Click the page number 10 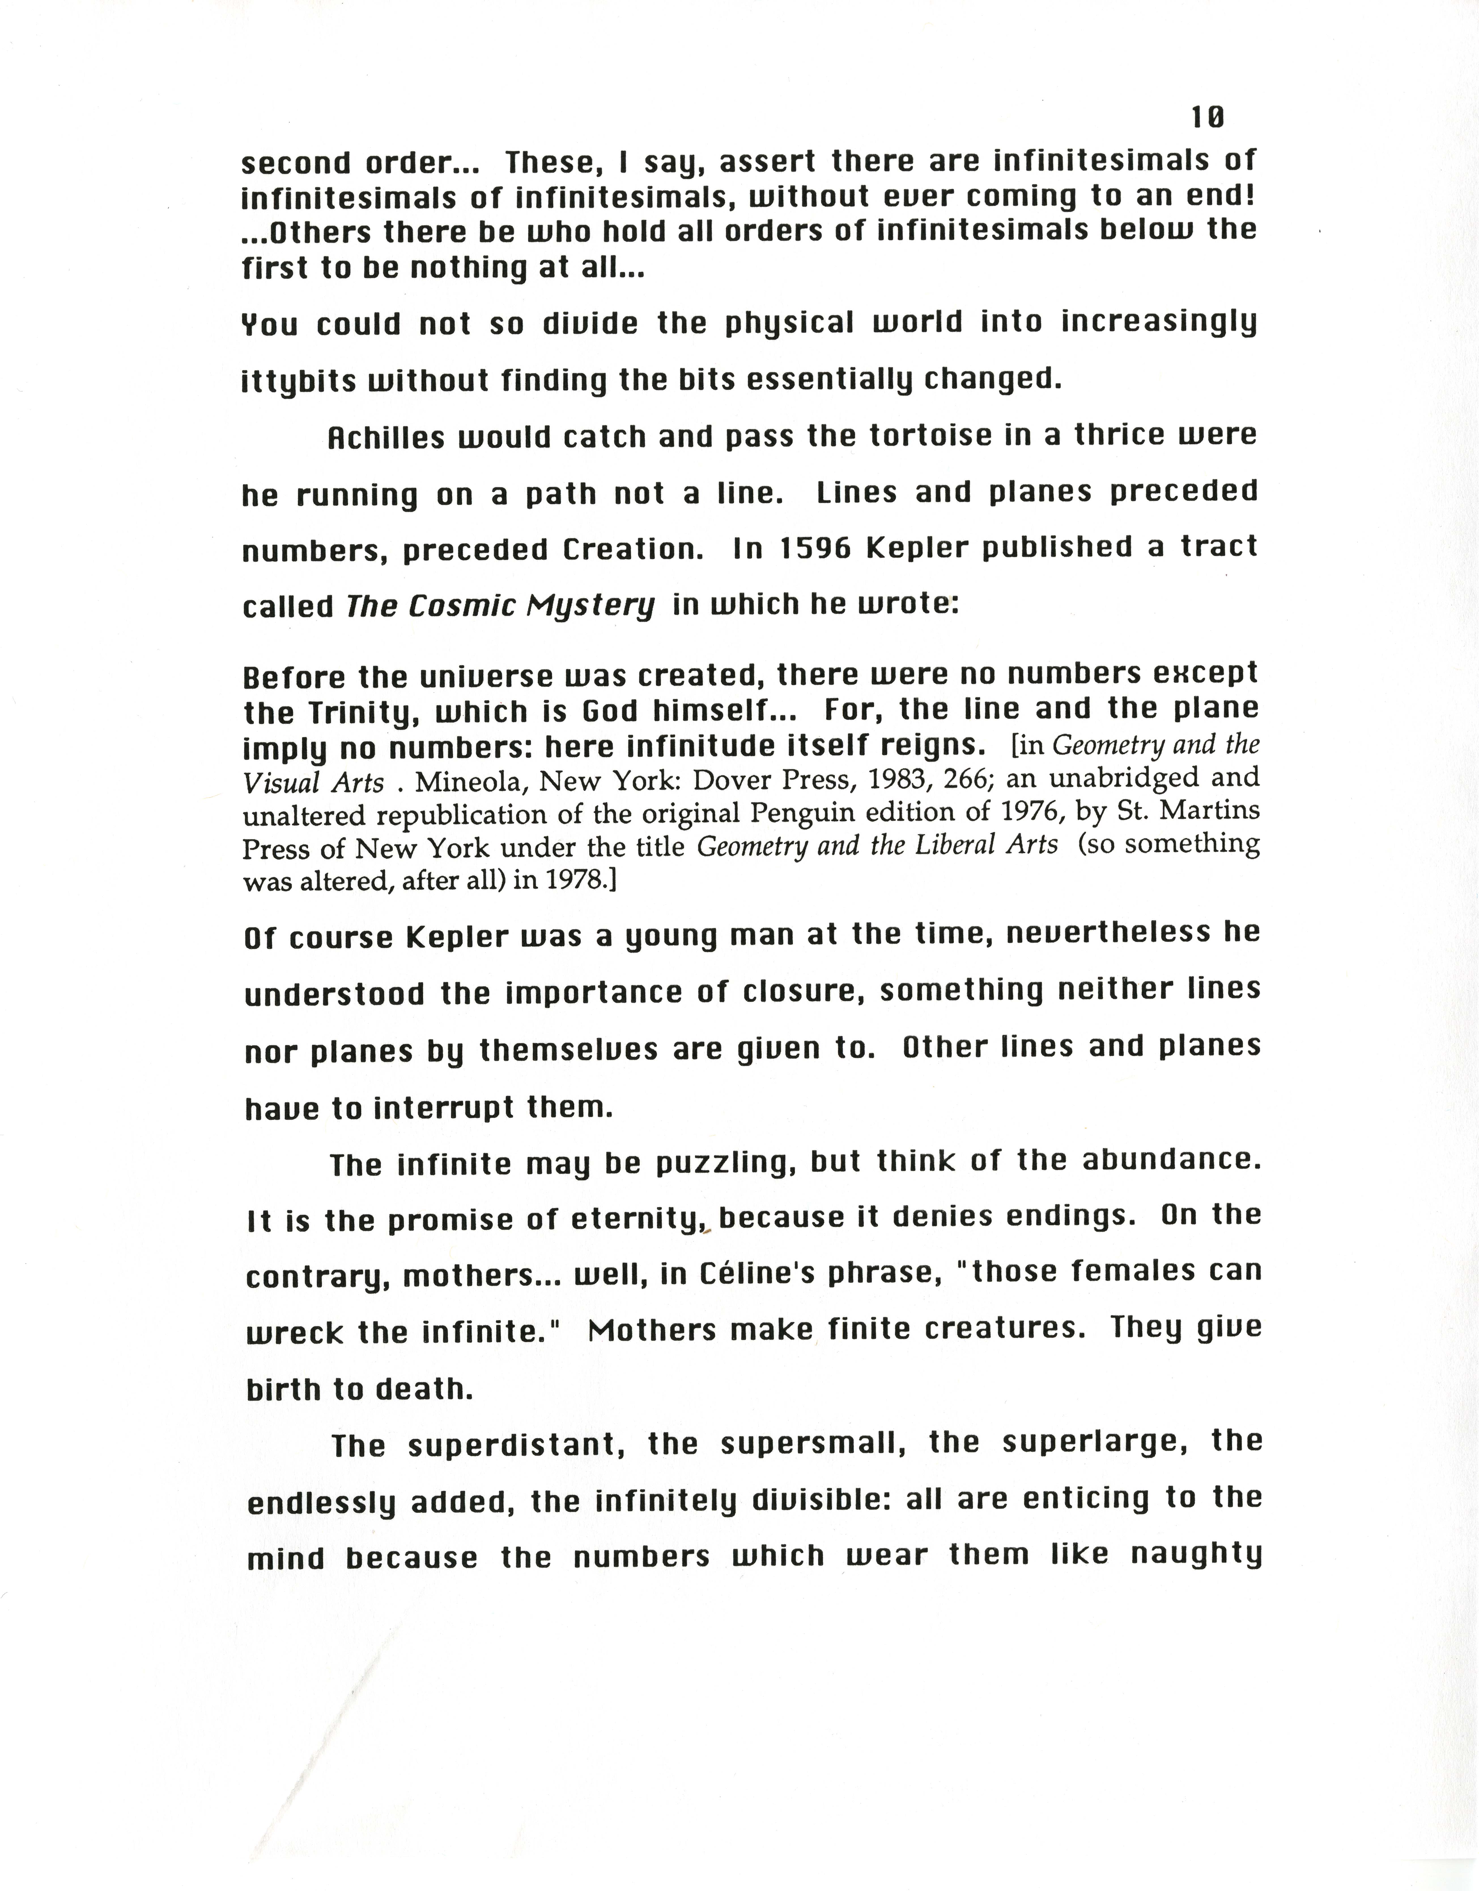(1207, 117)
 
